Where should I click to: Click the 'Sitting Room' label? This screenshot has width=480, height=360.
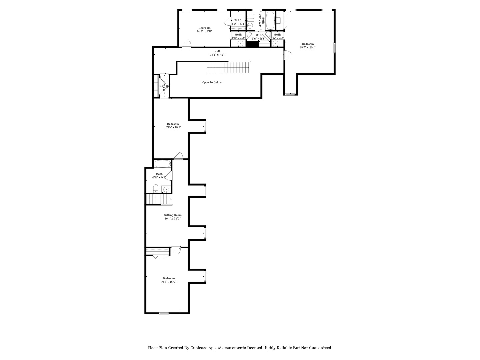tap(173, 215)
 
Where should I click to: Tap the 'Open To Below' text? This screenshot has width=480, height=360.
tap(212, 82)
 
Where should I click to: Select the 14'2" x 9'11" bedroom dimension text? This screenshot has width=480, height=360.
tap(204, 31)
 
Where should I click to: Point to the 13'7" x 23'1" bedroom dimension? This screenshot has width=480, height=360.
tap(308, 47)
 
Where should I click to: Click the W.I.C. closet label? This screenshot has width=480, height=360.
tap(238, 20)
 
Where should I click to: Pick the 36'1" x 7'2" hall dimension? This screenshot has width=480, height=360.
tap(217, 55)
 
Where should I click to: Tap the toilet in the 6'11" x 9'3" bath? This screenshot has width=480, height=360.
tap(155, 189)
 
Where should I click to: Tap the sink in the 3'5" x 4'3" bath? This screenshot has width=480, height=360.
tap(276, 44)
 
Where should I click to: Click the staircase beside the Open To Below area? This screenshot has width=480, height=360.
tap(228, 67)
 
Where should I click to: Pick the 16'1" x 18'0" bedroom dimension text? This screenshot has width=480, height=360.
tap(168, 282)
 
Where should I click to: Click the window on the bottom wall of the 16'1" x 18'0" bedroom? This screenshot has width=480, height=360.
tap(164, 313)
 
